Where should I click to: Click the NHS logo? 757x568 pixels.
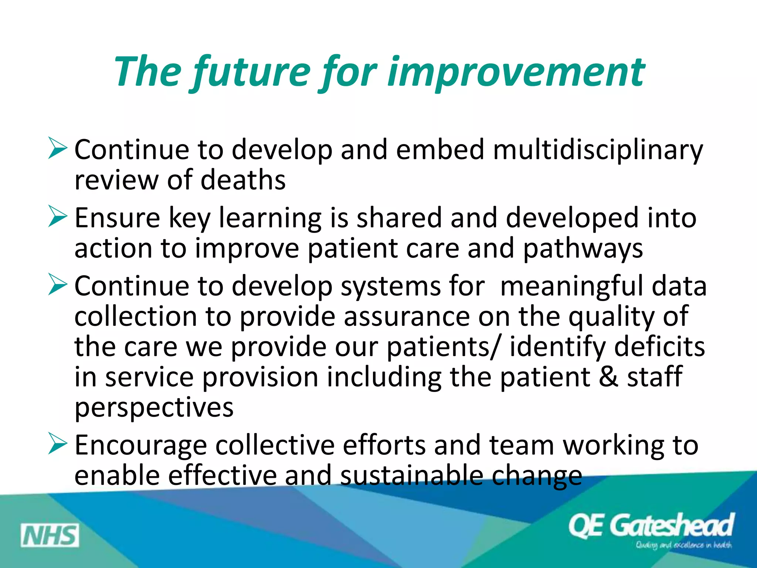tap(50, 535)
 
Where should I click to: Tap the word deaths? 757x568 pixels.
tap(243, 180)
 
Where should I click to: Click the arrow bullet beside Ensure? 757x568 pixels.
tap(57, 217)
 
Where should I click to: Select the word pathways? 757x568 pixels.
tap(583, 249)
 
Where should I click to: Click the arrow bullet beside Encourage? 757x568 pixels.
tap(57, 444)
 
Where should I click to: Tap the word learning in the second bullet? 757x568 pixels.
tap(270, 218)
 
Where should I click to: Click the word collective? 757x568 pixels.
tap(275, 445)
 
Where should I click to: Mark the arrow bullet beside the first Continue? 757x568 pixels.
tap(57, 149)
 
